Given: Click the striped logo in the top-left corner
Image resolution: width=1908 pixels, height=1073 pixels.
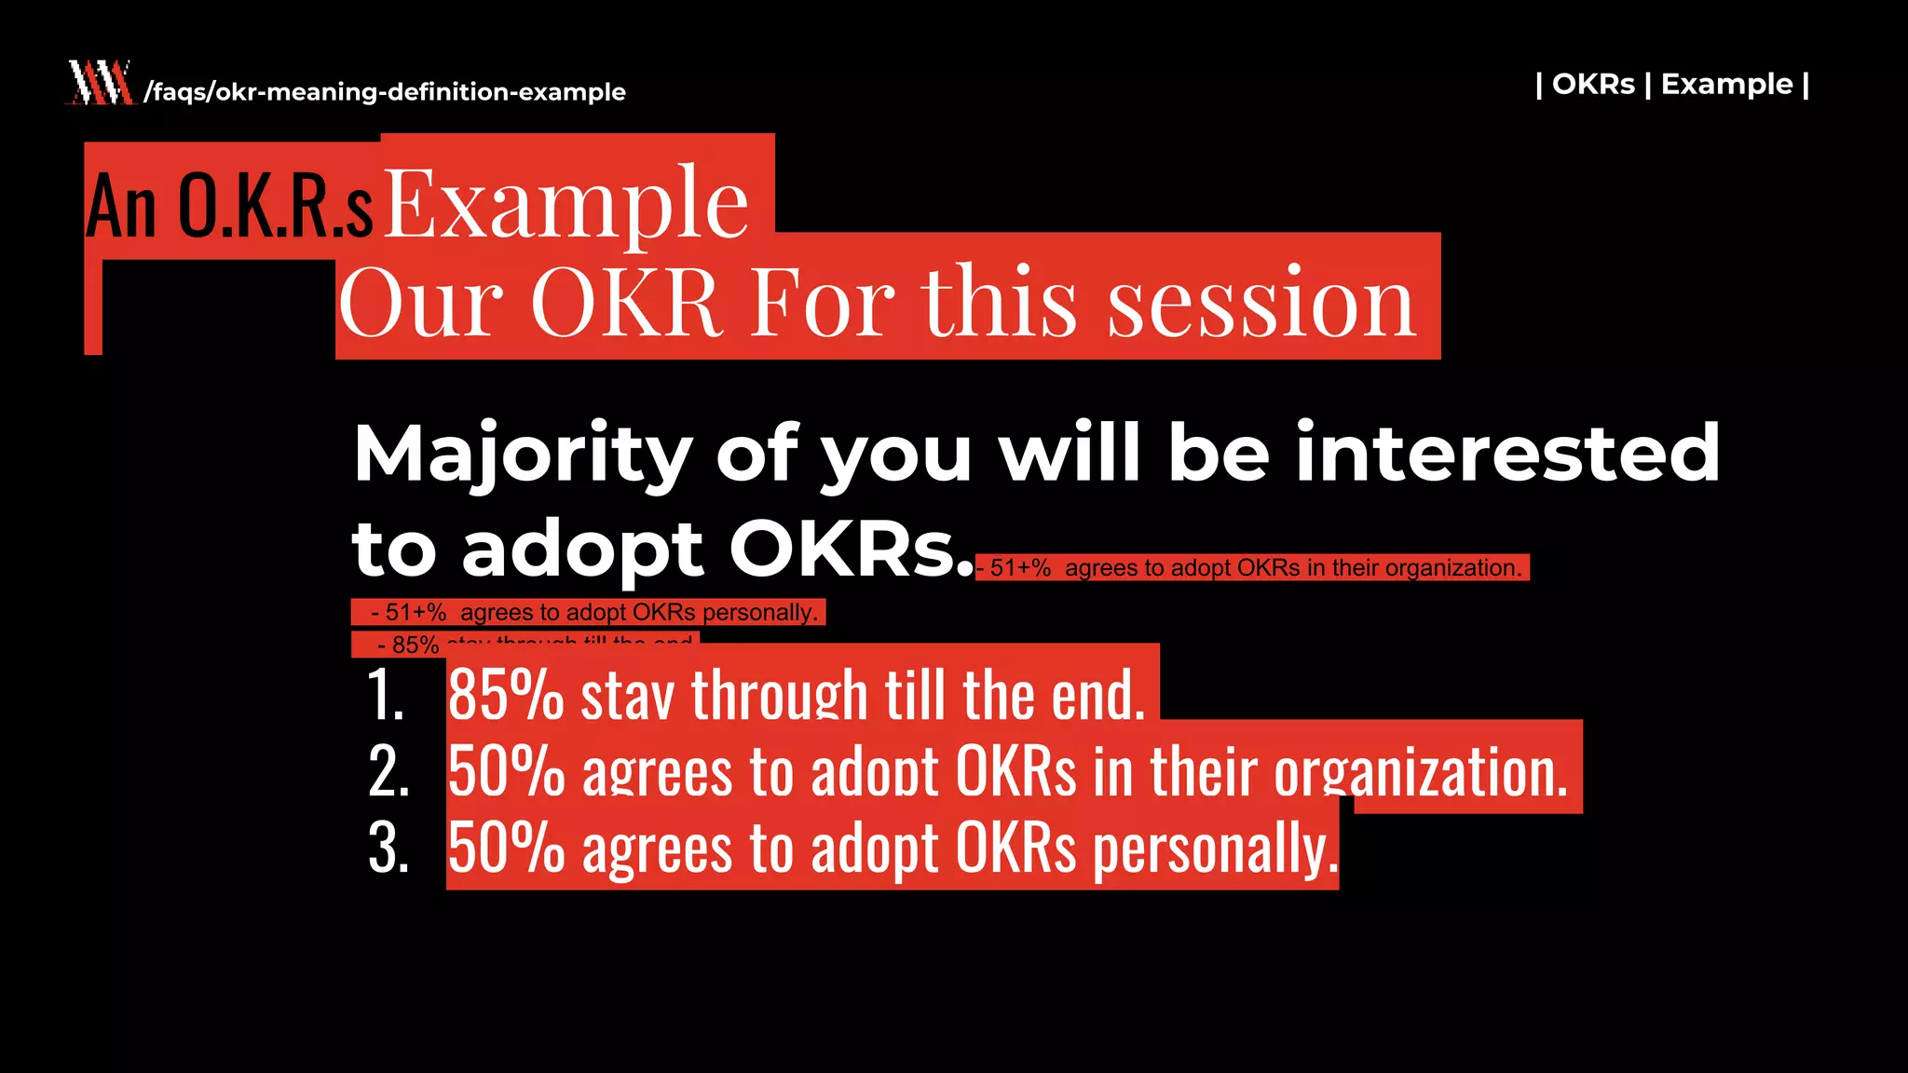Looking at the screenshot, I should point(100,83).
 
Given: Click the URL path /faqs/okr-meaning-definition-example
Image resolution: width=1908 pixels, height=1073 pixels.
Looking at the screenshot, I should point(385,92).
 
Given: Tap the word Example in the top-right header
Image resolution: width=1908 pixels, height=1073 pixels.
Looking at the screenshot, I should point(1726,84).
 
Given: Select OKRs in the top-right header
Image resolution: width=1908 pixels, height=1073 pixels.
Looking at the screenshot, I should point(1593,84).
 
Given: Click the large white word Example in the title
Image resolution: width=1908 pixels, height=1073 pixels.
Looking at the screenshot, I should point(566,202).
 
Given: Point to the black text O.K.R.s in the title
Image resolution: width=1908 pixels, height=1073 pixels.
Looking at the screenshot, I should point(276,207).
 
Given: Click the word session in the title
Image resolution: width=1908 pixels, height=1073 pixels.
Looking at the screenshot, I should point(1261,303).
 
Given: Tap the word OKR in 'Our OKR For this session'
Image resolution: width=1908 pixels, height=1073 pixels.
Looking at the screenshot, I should point(626,303).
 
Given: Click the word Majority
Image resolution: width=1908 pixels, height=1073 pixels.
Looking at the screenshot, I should point(522,455).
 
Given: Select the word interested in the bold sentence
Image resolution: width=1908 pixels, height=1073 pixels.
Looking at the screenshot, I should point(1506,453).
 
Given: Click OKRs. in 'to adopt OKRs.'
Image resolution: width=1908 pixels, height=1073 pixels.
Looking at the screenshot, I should point(850,550).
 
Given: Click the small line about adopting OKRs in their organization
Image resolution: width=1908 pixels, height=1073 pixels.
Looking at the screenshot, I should point(1252,568).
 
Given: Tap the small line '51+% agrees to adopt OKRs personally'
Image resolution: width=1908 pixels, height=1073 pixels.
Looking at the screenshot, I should point(589,613).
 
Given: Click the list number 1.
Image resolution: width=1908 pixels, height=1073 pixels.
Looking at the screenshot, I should point(385,695).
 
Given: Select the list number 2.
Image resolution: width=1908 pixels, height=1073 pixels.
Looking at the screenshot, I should point(388,772).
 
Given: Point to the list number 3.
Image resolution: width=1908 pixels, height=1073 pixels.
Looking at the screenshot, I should point(388,849).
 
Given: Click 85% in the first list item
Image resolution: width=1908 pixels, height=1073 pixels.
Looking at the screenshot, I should point(506,695).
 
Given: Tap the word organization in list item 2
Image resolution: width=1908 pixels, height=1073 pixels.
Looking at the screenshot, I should point(1420,773).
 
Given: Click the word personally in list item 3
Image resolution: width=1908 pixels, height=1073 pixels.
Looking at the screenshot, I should point(1214,849).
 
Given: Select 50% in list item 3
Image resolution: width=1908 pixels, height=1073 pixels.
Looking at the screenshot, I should point(506,849).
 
